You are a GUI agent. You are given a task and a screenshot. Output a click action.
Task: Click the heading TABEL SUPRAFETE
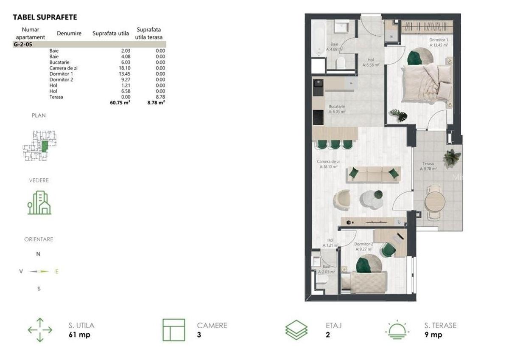[45, 17]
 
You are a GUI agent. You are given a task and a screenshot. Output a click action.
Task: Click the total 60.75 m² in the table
[120, 102]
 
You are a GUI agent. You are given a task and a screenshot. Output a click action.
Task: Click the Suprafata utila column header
[111, 33]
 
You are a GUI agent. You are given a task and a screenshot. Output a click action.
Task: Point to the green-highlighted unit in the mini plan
[45, 147]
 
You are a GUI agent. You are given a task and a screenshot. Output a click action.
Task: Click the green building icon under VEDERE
[39, 203]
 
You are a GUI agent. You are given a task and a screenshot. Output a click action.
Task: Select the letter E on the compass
[57, 271]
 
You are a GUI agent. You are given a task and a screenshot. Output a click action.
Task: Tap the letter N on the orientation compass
[38, 254]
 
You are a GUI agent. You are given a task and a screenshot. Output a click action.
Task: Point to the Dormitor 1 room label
[439, 40]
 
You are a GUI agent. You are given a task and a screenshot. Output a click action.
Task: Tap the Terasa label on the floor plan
[428, 163]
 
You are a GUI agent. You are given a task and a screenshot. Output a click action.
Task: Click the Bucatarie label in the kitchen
[337, 107]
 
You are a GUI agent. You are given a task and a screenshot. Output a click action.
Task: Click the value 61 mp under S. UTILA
[79, 335]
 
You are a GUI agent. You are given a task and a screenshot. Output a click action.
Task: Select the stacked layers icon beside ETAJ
[296, 330]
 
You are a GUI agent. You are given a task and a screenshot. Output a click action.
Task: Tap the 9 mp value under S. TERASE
[433, 335]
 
